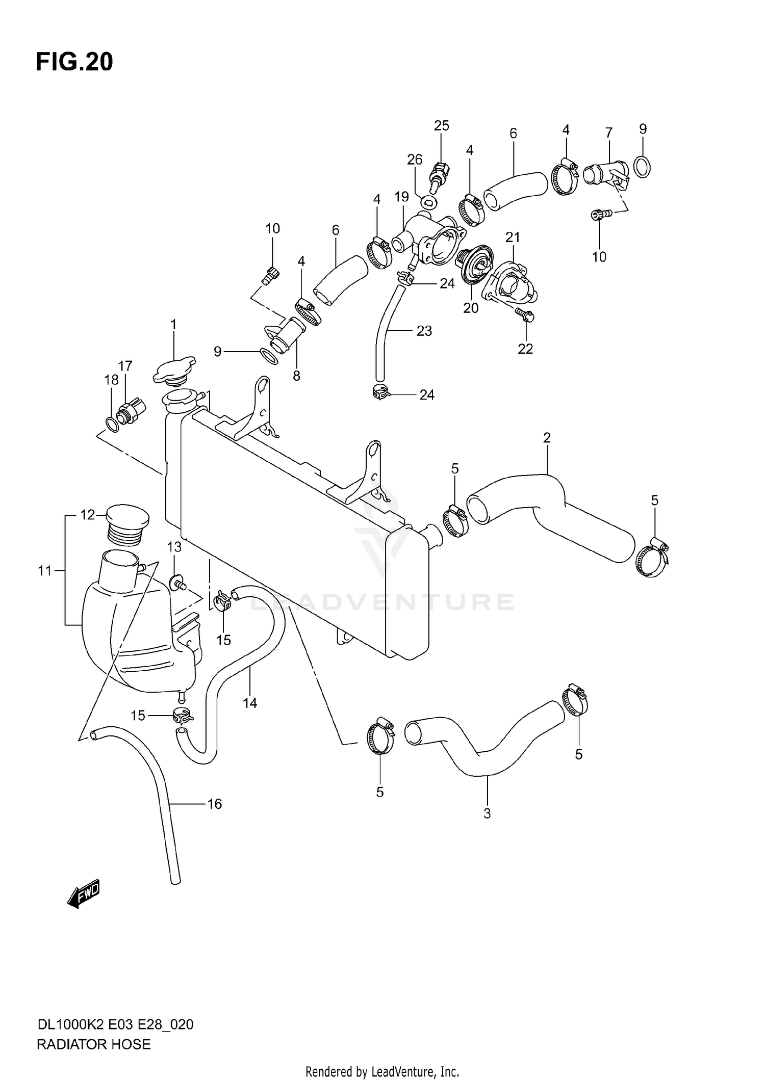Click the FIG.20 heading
74,62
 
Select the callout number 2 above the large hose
547,438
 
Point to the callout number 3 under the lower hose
487,814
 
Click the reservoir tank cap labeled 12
127,524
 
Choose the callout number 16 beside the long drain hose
215,804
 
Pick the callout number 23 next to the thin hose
424,331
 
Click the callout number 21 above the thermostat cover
513,237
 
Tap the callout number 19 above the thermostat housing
402,197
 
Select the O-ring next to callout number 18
112,424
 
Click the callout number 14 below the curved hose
250,703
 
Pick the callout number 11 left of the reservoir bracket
45,571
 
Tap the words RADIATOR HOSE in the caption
94,1044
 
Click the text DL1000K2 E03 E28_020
115,1024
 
